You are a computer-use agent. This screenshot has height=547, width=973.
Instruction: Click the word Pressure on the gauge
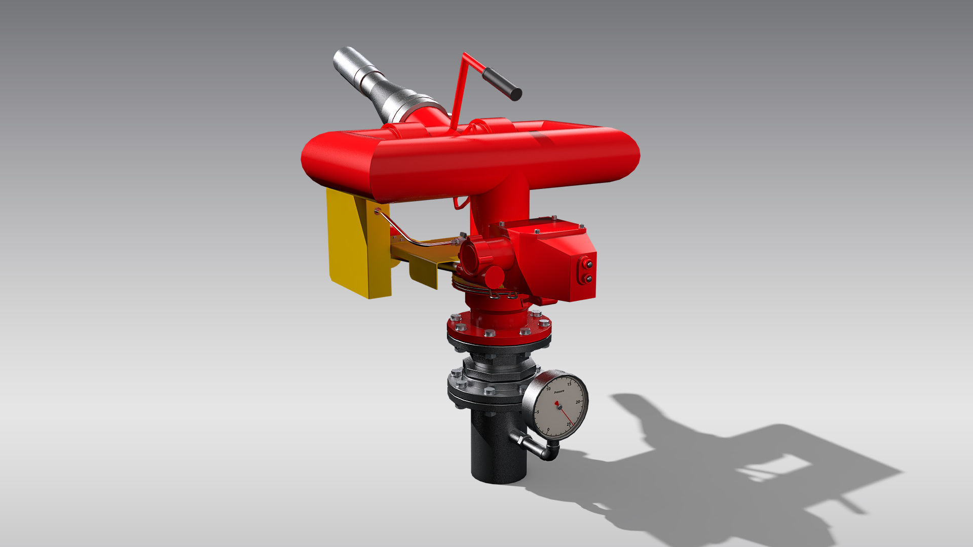(x=559, y=392)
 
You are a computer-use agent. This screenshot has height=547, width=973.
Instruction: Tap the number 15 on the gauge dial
(x=569, y=384)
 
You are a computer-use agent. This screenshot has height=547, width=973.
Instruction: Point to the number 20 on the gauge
(x=578, y=402)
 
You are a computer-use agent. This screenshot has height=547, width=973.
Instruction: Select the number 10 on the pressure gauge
(x=548, y=389)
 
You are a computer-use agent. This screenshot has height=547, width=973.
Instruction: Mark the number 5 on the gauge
(x=538, y=412)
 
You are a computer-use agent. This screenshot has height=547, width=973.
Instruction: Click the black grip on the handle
(x=502, y=84)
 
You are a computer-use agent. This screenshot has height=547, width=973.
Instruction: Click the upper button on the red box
(x=588, y=264)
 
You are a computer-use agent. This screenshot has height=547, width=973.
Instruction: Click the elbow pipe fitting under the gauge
(x=550, y=452)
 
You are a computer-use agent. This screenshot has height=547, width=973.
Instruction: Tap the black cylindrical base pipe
(x=494, y=451)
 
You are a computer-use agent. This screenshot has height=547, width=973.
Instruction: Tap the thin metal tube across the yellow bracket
(x=405, y=236)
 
